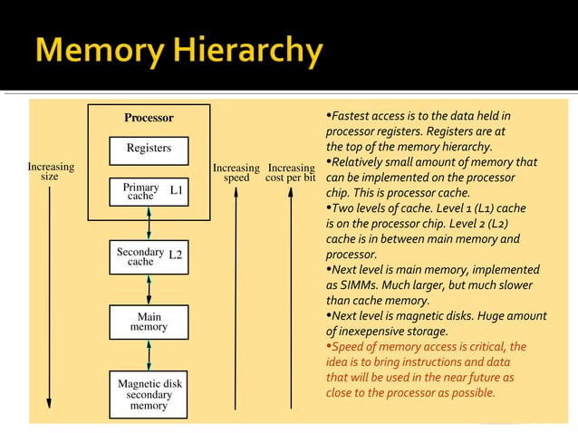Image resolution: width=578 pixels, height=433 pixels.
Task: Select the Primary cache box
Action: [149, 191]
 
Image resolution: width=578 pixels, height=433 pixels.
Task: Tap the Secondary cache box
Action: [149, 256]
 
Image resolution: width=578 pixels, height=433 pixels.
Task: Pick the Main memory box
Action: [149, 322]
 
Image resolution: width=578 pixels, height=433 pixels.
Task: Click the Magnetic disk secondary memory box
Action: [149, 395]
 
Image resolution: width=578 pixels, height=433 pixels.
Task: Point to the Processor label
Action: [149, 118]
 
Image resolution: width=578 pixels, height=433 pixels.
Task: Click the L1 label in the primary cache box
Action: [177, 190]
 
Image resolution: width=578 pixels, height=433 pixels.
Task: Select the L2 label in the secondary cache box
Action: [176, 255]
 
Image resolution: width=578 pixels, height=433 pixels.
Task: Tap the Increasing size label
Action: [51, 172]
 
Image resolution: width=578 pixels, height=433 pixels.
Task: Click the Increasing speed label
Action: [236, 172]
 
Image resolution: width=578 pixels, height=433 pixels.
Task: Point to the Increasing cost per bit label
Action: [291, 172]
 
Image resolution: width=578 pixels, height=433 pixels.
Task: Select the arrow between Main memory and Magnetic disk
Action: [149, 355]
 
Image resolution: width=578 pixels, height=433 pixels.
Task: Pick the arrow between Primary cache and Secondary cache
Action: [149, 224]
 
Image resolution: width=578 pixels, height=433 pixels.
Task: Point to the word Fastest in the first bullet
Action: [350, 116]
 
